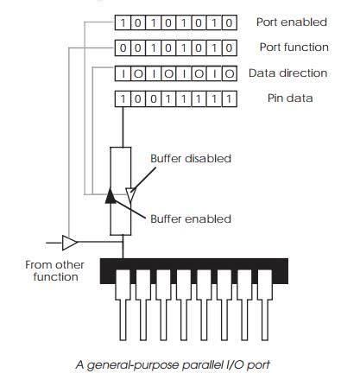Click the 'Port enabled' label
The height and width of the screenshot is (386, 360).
click(291, 22)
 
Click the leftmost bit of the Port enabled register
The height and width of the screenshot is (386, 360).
click(123, 22)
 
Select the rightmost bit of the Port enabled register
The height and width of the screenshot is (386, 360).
click(229, 22)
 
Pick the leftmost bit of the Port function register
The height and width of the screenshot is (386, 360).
click(123, 47)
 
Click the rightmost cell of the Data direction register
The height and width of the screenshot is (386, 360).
click(229, 73)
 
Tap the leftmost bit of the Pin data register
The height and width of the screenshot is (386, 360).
click(123, 98)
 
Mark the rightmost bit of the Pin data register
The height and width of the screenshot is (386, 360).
click(229, 98)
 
